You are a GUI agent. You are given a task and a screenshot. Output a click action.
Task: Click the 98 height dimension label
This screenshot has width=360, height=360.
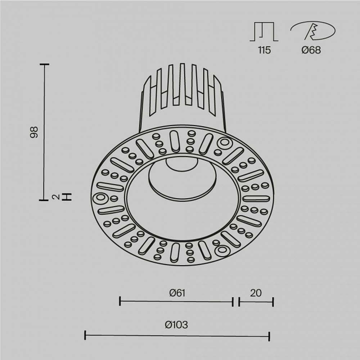click(x=34, y=132)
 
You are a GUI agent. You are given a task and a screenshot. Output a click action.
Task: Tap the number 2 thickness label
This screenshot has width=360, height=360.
click(x=55, y=197)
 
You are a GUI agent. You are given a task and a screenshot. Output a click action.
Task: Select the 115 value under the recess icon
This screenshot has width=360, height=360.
click(x=264, y=50)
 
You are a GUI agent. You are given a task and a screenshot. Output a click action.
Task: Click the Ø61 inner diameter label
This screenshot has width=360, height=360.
click(x=177, y=293)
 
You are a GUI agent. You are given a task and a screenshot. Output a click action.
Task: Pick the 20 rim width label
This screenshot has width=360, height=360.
click(x=256, y=293)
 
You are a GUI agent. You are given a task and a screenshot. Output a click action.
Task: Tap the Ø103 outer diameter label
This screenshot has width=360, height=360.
click(x=176, y=325)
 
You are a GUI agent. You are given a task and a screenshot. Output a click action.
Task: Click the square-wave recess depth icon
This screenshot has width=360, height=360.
click(x=264, y=32)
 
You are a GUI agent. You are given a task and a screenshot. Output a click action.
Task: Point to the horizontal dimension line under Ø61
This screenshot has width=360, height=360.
click(x=176, y=301)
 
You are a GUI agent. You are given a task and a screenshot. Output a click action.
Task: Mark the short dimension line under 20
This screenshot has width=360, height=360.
click(x=256, y=301)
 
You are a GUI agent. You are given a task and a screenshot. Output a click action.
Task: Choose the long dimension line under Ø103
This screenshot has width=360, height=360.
click(x=177, y=336)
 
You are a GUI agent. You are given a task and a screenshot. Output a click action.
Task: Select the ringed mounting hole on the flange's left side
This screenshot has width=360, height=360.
click(x=100, y=198)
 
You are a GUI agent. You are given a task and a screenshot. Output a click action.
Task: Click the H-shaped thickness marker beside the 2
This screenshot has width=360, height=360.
click(x=67, y=197)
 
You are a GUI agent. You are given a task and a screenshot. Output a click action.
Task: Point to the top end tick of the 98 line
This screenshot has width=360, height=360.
click(x=44, y=64)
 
